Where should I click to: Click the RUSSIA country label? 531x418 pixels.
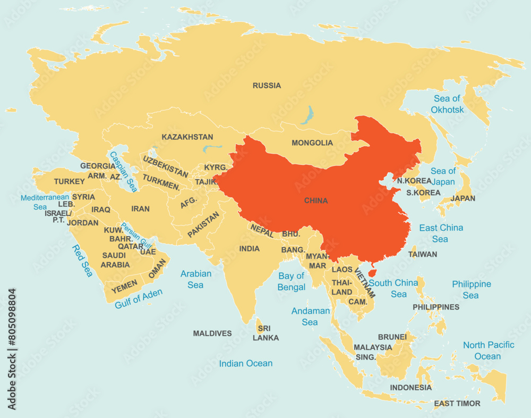click(267, 86)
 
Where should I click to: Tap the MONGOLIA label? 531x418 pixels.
click(312, 143)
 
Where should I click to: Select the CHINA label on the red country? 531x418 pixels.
click(316, 201)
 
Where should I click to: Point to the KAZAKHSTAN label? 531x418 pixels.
click(187, 137)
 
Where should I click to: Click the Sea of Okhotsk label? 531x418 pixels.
click(447, 104)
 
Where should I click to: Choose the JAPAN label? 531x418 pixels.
click(463, 198)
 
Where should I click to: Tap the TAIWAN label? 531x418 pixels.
click(423, 254)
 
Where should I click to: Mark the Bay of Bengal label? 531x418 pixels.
click(292, 281)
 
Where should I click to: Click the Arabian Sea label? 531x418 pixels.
click(195, 279)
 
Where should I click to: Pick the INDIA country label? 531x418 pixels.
click(249, 249)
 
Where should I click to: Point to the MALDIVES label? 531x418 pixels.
click(212, 333)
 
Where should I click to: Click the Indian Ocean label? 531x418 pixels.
click(246, 364)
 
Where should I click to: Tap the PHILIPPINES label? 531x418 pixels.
click(436, 307)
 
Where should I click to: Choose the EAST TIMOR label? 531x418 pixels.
click(457, 404)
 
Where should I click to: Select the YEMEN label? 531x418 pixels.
click(124, 286)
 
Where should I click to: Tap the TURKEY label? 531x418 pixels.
click(69, 181)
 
